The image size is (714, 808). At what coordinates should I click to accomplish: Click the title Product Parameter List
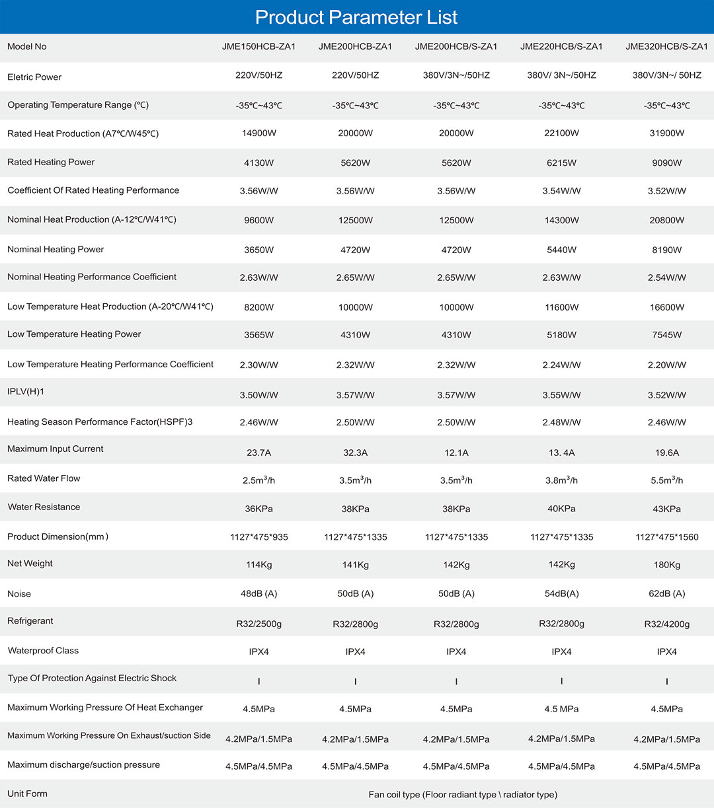pos(356,17)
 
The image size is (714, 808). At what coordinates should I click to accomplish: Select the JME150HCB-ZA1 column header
pos(258,46)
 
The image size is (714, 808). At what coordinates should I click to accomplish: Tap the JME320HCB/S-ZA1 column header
pos(666,46)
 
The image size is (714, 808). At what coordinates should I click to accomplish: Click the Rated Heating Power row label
pos(51,162)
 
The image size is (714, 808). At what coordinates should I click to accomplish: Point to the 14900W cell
pos(258,133)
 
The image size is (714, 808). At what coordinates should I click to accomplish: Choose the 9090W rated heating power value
pos(666,163)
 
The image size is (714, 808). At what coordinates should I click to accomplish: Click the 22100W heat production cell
pos(561,133)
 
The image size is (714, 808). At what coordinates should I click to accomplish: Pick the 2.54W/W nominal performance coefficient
pos(666,277)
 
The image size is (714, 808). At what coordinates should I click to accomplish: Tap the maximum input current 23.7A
pos(258,453)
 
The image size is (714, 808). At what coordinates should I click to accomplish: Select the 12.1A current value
pos(456,453)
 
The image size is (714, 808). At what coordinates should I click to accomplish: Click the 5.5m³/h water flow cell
pos(666,480)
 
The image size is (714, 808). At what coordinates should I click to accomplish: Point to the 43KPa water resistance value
pos(666,509)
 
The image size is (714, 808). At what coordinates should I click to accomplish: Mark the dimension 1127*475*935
pos(258,537)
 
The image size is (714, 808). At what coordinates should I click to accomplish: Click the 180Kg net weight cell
pos(666,565)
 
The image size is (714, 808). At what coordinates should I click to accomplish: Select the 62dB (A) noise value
pos(666,593)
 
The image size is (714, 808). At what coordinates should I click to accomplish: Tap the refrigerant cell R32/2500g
pos(258,624)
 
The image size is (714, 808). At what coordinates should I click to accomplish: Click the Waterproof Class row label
pos(43,651)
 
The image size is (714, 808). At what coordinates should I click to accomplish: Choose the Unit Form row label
pos(27,793)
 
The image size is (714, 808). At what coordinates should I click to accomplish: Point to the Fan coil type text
pos(463,794)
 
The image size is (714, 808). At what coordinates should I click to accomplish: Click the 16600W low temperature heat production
pos(666,307)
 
